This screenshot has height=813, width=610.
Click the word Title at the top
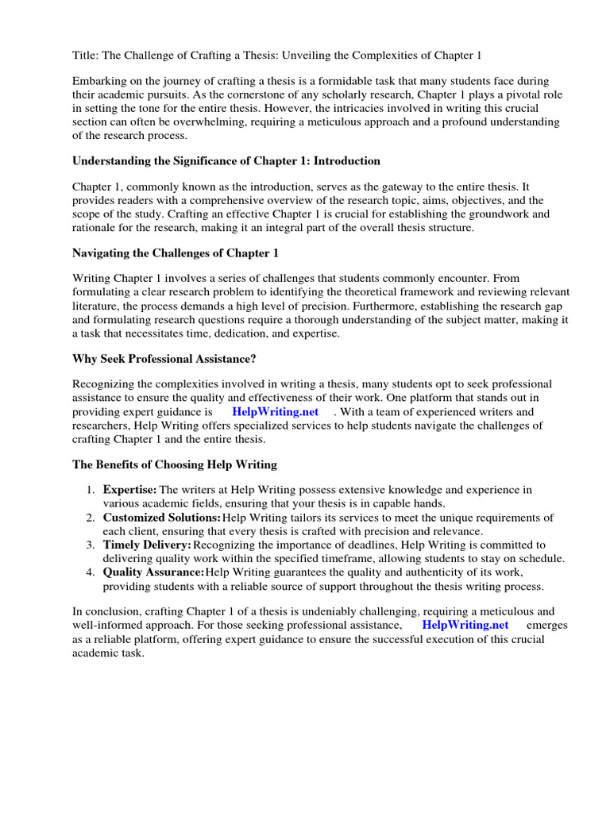click(85, 55)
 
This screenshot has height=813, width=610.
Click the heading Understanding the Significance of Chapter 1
click(226, 160)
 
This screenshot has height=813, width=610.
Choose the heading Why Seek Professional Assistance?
click(164, 358)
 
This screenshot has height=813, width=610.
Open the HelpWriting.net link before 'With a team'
click(275, 411)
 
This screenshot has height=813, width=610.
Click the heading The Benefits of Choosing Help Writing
click(175, 464)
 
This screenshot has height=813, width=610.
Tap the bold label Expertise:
click(129, 490)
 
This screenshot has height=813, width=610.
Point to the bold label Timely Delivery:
click(148, 545)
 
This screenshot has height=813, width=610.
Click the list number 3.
click(91, 545)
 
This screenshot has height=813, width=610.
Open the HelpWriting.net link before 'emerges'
click(465, 624)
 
